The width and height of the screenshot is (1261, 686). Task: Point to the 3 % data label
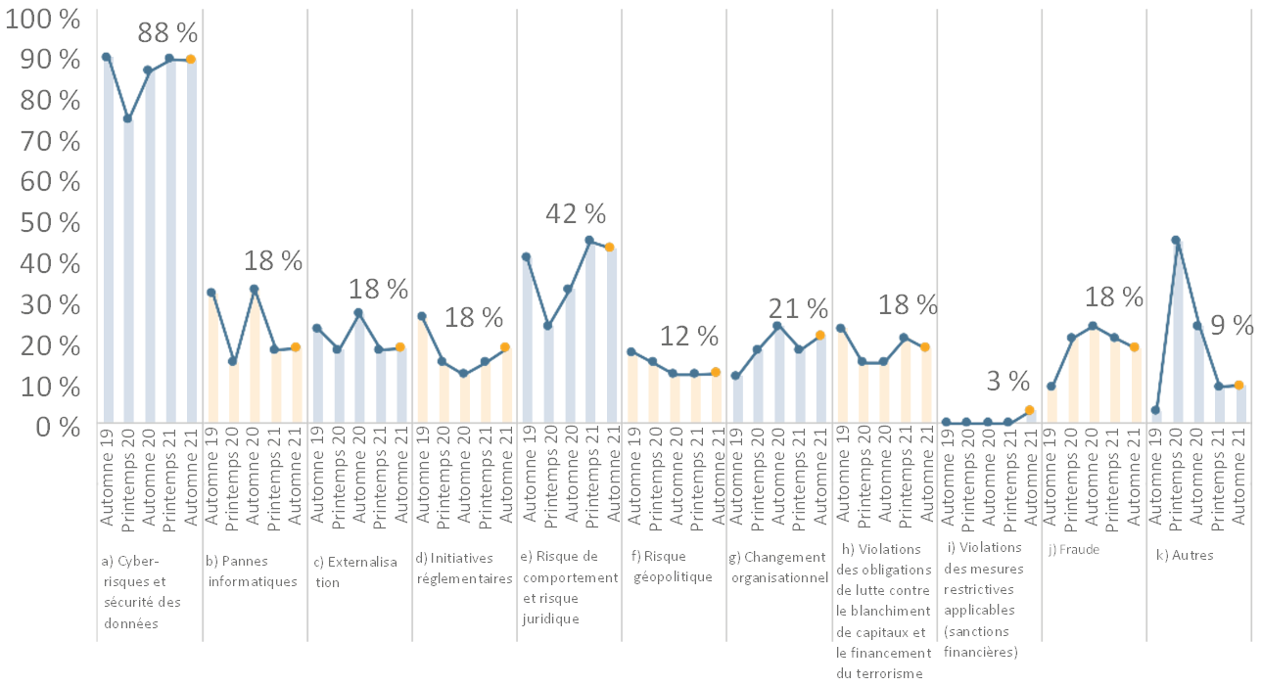(x=1006, y=381)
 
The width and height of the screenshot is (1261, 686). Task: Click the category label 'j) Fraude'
(x=1074, y=550)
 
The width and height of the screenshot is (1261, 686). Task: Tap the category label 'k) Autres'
(x=1185, y=555)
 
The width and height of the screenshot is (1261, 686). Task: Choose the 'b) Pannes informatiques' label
(x=251, y=572)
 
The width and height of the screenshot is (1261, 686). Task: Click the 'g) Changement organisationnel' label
(x=778, y=567)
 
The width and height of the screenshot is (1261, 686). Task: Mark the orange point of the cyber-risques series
(x=191, y=60)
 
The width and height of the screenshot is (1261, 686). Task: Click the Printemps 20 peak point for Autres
(x=1176, y=240)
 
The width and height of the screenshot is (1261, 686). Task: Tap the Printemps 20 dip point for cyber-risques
(x=127, y=118)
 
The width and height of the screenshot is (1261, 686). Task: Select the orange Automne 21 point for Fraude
(x=1135, y=346)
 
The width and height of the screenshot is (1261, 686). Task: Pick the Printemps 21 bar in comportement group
(x=589, y=333)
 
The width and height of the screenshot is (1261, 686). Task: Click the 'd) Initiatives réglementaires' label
(x=464, y=568)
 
